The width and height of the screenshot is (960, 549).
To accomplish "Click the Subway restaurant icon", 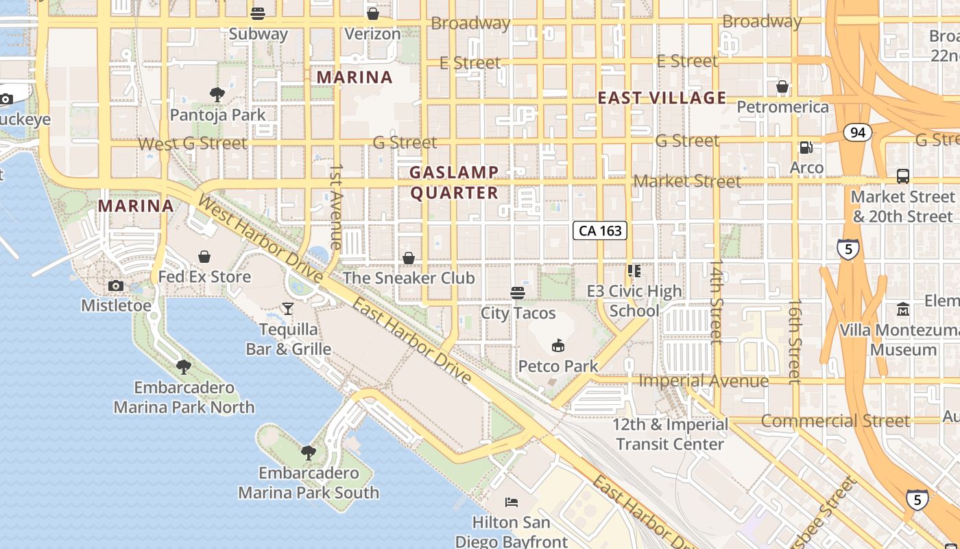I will click(258, 13).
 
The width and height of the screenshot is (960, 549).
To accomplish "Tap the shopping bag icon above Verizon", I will click(372, 13).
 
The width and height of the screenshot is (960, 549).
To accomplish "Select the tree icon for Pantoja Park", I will click(217, 94).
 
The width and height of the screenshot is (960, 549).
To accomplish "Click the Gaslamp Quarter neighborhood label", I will click(454, 183).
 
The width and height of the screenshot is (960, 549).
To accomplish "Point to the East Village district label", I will click(662, 97).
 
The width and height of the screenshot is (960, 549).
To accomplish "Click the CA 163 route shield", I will click(601, 231).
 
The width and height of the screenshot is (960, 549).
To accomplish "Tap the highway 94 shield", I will click(857, 132).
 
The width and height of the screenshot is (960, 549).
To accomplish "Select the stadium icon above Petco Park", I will click(558, 345).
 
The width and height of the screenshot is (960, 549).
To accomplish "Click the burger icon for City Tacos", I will click(518, 293).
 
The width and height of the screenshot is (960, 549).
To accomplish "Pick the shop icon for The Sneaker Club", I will click(409, 258).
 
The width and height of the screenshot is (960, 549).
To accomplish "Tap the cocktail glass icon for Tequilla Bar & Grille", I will click(288, 309).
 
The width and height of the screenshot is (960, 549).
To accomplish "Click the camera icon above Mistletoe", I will click(116, 285).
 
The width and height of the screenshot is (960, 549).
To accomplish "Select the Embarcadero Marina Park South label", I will click(309, 482).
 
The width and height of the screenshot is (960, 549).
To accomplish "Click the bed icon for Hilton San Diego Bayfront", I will click(512, 502).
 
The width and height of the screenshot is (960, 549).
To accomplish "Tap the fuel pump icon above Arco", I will click(806, 148).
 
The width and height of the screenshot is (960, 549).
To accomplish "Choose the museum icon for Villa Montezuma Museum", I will click(902, 309).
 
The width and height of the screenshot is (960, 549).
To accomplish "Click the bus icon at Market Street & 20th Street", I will click(902, 176).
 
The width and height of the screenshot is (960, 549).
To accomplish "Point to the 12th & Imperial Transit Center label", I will click(670, 434).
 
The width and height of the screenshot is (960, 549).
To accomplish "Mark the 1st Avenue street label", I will click(336, 206).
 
